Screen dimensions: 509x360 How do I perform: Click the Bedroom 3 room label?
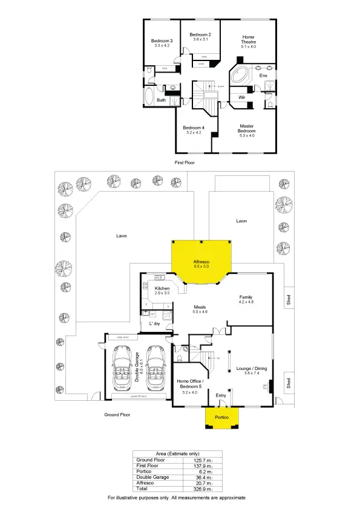[162, 41]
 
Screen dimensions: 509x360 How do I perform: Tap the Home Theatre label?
[249, 37]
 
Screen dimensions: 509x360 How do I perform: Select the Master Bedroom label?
[246, 128]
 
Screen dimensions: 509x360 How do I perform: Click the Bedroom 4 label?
[194, 128]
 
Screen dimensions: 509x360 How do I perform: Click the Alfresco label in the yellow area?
[201, 262]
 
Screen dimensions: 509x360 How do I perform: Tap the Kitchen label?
[162, 289]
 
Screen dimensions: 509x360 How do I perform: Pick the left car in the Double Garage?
[122, 369]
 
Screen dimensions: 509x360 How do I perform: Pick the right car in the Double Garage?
[156, 369]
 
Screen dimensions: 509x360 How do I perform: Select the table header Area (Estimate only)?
[177, 453]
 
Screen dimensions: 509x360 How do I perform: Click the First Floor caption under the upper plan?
[185, 163]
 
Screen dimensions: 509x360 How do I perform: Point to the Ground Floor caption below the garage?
[117, 415]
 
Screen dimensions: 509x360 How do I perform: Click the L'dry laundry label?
[154, 323]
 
